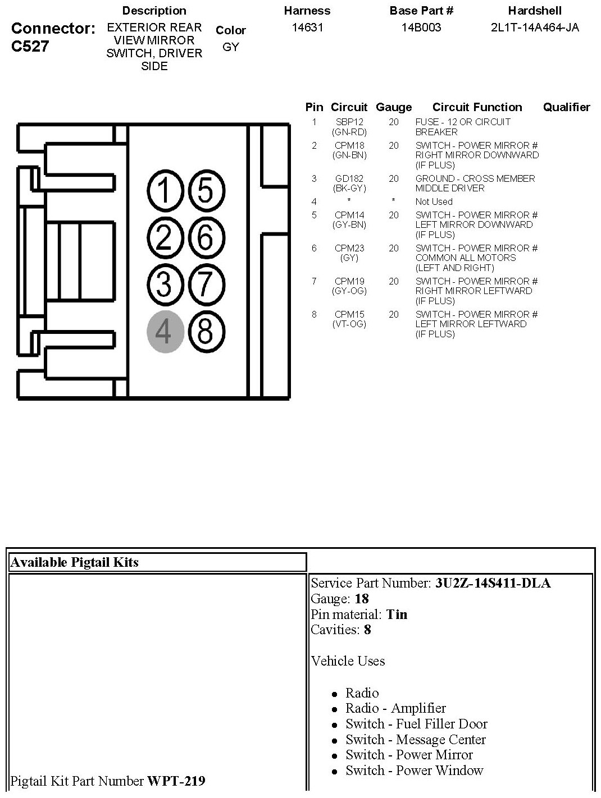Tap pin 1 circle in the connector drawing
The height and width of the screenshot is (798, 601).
166,191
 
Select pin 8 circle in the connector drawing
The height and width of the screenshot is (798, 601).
206,331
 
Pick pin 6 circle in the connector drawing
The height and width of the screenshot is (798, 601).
206,237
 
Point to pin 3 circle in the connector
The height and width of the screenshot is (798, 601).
166,283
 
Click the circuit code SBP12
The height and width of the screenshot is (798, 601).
349,122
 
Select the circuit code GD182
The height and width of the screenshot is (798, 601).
349,178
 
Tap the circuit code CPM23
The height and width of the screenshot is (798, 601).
349,248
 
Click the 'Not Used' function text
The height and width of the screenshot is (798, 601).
434,201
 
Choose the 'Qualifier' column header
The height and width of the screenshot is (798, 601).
566,107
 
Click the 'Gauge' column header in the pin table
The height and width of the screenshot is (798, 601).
394,107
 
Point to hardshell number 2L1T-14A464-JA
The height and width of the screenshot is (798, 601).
535,27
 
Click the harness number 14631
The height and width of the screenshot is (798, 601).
307,27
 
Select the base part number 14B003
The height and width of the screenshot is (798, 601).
421,27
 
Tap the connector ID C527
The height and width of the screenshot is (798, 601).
30,46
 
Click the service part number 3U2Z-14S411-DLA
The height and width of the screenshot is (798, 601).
493,583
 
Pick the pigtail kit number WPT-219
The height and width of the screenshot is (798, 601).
176,781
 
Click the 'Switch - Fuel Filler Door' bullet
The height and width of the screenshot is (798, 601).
416,724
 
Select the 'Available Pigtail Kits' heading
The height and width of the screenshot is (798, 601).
75,562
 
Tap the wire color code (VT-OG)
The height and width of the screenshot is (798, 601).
349,324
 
